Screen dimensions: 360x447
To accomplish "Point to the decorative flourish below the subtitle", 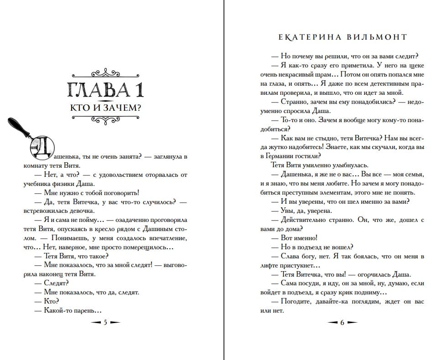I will coord(105,119).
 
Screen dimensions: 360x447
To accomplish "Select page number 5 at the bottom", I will coord(105,323).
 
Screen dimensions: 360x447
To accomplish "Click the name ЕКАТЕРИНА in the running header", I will coord(310,37).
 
